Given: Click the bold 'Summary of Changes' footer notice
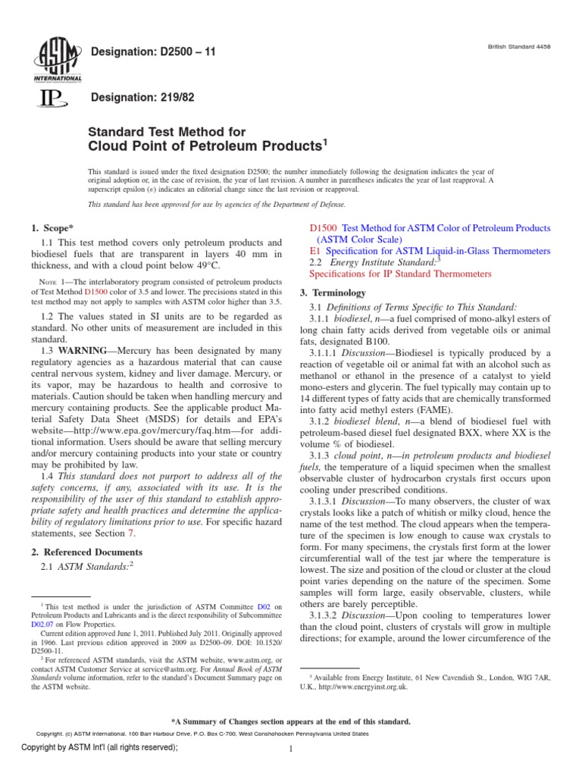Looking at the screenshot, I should (291, 721).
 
